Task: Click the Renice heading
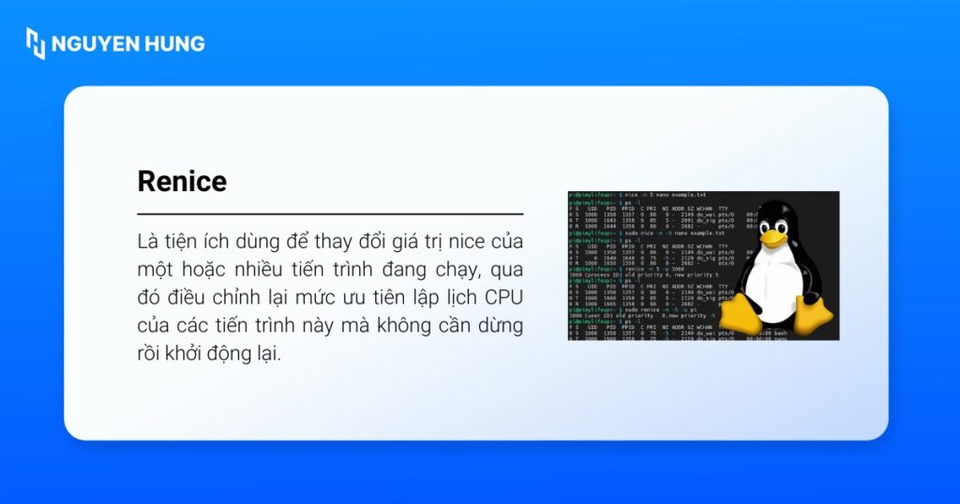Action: (x=182, y=180)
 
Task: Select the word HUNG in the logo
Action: (x=174, y=43)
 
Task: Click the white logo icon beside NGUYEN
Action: (x=36, y=43)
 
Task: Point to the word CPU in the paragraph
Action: (x=502, y=298)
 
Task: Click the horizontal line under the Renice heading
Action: (x=330, y=215)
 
